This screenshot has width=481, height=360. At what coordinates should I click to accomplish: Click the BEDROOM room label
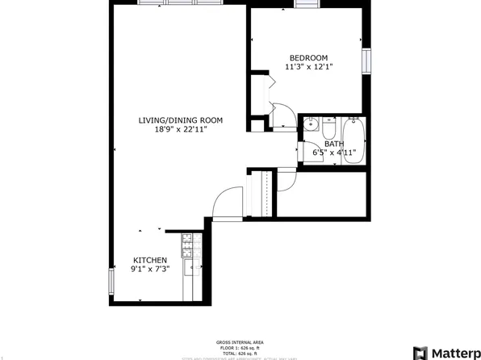pyautogui.click(x=308, y=57)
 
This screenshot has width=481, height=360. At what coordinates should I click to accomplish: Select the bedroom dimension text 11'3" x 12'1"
pyautogui.click(x=308, y=67)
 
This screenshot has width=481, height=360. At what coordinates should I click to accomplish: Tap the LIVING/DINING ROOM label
pyautogui.click(x=180, y=120)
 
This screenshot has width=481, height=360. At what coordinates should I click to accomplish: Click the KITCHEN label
pyautogui.click(x=150, y=260)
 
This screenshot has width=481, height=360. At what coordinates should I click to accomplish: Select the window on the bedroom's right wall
pyautogui.click(x=365, y=61)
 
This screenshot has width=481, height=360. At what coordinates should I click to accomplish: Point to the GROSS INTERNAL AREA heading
pyautogui.click(x=240, y=341)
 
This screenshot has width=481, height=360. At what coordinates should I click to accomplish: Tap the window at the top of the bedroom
pyautogui.click(x=305, y=5)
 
